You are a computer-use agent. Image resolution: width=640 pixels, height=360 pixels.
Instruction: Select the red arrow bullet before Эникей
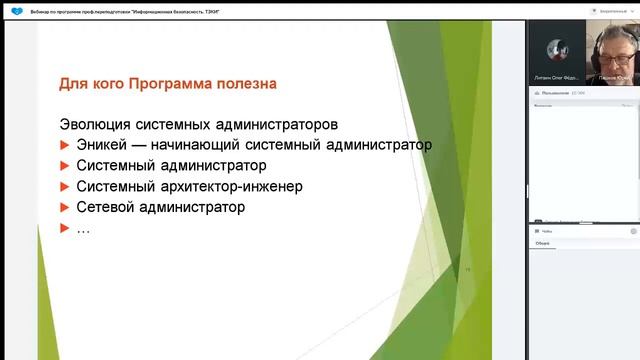[65, 146]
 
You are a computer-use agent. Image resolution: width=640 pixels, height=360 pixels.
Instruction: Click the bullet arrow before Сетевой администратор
[65, 208]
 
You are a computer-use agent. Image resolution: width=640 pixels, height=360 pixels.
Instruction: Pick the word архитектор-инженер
[240, 187]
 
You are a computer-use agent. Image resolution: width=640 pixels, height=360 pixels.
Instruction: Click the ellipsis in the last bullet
[83, 229]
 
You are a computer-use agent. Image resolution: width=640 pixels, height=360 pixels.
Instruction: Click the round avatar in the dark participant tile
[556, 48]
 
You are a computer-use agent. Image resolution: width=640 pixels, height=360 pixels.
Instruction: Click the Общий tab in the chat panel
[542, 242]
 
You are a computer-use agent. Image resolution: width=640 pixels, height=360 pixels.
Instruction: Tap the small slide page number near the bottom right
[466, 269]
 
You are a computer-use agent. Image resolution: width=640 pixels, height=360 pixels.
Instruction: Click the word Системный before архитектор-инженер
[115, 187]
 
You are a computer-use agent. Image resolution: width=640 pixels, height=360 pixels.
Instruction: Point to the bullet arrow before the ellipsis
[65, 229]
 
